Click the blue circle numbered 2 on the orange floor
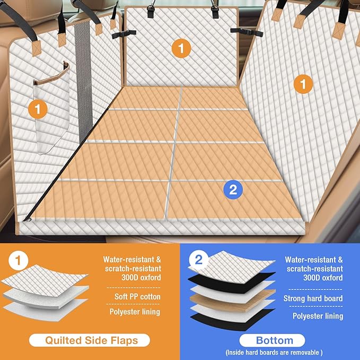coord(233,190)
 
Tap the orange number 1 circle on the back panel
coord(181,48)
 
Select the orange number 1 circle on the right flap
coord(303,84)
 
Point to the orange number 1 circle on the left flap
coord(38,109)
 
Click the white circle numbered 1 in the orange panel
coord(19,260)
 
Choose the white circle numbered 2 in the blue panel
coord(199,260)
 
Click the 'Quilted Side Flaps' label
coord(90,340)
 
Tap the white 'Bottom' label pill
coord(272,340)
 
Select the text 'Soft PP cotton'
coord(137,296)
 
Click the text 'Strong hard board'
coord(313,298)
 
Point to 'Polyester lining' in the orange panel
coord(135,312)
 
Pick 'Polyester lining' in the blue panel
coord(318,316)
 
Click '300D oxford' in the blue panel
coord(323,278)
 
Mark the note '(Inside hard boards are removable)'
coord(274,353)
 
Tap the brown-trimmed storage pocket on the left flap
coord(51,108)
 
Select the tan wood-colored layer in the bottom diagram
coord(232,300)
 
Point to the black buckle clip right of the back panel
coord(247,32)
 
